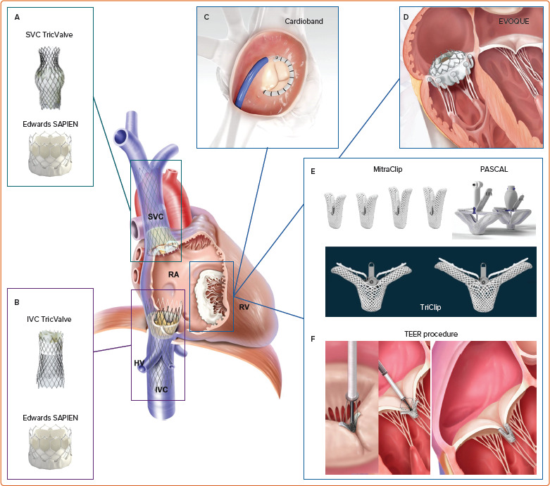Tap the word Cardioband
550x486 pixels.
pos(304,22)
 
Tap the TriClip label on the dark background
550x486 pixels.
pos(430,308)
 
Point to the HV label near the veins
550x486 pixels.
pos(139,362)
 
